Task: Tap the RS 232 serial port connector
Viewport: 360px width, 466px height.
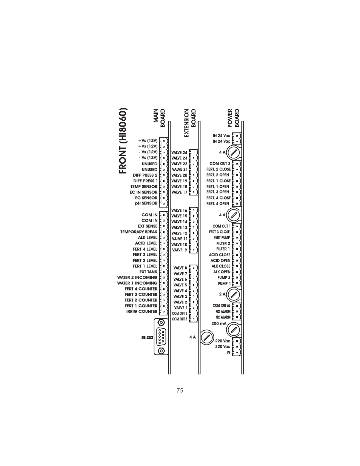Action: (x=161, y=337)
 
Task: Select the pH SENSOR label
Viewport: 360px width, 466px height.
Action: (x=146, y=203)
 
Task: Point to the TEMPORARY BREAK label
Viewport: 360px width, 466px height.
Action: (x=139, y=232)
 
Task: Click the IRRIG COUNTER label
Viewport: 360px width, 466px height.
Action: (x=142, y=312)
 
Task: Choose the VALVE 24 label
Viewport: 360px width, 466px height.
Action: (x=179, y=153)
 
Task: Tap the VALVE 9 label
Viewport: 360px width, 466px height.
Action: (x=179, y=250)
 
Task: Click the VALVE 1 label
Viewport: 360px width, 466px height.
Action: (x=180, y=308)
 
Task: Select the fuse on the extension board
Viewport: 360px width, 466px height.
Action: (x=206, y=337)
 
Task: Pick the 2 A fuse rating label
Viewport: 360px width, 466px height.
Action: (x=222, y=294)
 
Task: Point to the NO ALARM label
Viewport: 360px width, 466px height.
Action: (x=223, y=312)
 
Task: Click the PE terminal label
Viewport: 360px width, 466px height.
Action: (x=228, y=352)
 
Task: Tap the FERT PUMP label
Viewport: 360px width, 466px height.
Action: (x=222, y=238)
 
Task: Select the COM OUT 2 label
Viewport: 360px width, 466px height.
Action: (x=220, y=164)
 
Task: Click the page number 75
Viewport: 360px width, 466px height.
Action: (x=180, y=391)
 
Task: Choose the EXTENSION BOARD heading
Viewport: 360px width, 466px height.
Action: (x=190, y=123)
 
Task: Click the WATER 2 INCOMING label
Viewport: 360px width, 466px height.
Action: (x=137, y=277)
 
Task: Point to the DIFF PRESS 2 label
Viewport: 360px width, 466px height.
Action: (x=145, y=175)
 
